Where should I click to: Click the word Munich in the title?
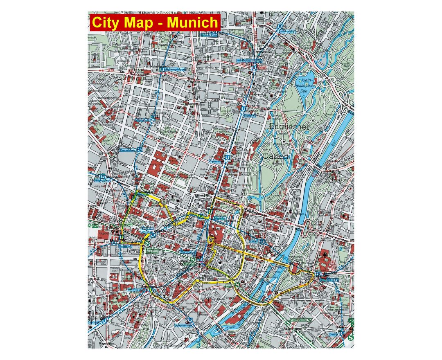tap(192, 22)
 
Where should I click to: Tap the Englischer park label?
tap(289, 127)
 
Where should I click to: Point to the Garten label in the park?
tap(275, 156)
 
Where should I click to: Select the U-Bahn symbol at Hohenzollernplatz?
tap(163, 70)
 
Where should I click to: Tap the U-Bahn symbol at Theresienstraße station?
tap(140, 150)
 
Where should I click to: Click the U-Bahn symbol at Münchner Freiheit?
tap(254, 67)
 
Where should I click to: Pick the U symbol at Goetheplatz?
tap(104, 321)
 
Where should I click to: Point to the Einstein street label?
tap(330, 273)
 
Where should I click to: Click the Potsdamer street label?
tap(262, 26)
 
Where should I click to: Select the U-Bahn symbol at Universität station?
tap(227, 157)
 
